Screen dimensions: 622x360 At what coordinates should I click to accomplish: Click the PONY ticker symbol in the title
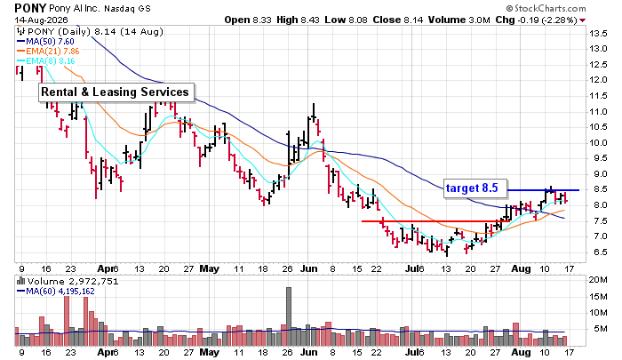coord(31,8)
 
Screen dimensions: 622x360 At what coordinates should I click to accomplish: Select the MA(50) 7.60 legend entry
coord(45,41)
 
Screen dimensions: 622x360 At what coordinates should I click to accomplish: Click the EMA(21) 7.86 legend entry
coord(48,52)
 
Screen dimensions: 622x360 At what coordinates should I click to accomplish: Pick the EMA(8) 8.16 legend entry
coord(45,61)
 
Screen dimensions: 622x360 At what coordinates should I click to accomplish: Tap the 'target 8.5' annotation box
coord(474,188)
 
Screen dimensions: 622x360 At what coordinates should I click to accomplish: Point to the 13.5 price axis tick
coord(598,34)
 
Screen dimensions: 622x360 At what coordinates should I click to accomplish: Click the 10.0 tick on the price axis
coord(598,143)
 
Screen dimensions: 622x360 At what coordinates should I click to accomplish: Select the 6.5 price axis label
coord(598,252)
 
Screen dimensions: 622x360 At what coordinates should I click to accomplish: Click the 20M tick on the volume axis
coord(598,280)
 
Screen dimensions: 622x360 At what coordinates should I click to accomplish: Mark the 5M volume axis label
coord(601,329)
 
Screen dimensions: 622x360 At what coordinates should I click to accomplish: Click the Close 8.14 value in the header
coord(398,20)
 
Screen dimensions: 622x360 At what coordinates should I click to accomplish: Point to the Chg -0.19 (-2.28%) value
coord(537,20)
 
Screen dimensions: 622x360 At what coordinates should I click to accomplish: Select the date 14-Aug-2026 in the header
coord(41,20)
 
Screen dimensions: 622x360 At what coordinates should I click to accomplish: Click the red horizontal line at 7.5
coord(436,221)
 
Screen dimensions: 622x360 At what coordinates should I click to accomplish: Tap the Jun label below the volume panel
coord(309,352)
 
